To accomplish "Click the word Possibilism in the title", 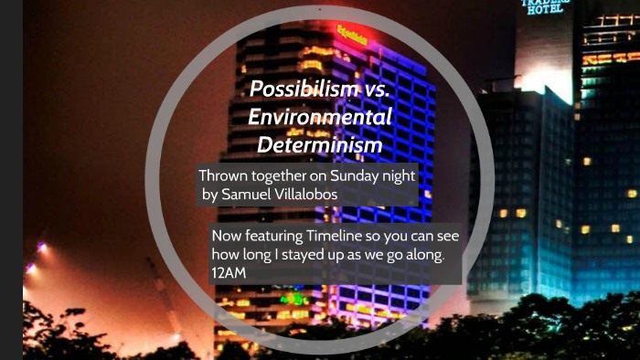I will click(294, 90).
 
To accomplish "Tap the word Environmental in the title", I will click(319, 118).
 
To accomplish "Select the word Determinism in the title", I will click(319, 144).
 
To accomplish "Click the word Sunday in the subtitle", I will click(347, 175).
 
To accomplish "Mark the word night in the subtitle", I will click(396, 175).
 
